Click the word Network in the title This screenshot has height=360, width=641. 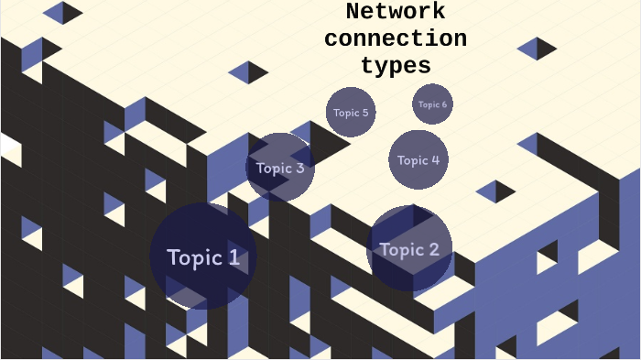click(x=396, y=12)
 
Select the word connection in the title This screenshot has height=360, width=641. click(x=396, y=39)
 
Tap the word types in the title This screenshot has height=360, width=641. click(x=396, y=66)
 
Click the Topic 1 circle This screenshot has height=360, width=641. click(x=202, y=256)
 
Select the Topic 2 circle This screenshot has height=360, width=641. click(x=409, y=248)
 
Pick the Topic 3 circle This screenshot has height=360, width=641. click(x=280, y=168)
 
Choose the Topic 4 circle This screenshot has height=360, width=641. click(x=418, y=159)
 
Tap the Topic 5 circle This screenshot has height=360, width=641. click(x=351, y=112)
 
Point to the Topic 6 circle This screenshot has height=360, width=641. click(x=432, y=104)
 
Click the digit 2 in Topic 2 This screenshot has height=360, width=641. click(x=433, y=249)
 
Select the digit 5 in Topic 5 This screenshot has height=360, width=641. click(x=365, y=113)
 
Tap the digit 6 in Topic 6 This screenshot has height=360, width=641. click(x=444, y=104)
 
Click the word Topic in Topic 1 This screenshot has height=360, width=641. click(x=194, y=257)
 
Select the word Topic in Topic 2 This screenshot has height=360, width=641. click(x=400, y=249)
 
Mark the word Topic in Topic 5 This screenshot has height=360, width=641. click(x=346, y=113)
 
